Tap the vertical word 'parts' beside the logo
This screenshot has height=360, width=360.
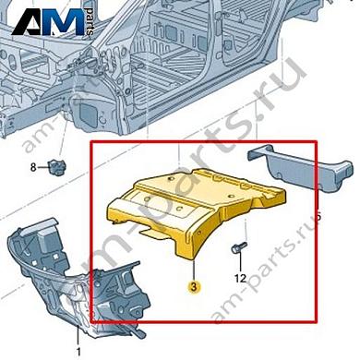[89, 20]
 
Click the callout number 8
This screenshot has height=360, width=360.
[33, 168]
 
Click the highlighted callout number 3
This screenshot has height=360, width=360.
[195, 287]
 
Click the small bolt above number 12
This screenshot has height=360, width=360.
[238, 248]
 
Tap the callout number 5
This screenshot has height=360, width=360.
[318, 215]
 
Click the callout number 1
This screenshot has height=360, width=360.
[78, 351]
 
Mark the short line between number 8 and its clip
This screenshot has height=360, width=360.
[44, 168]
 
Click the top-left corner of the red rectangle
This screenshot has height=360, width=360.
[90, 141]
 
